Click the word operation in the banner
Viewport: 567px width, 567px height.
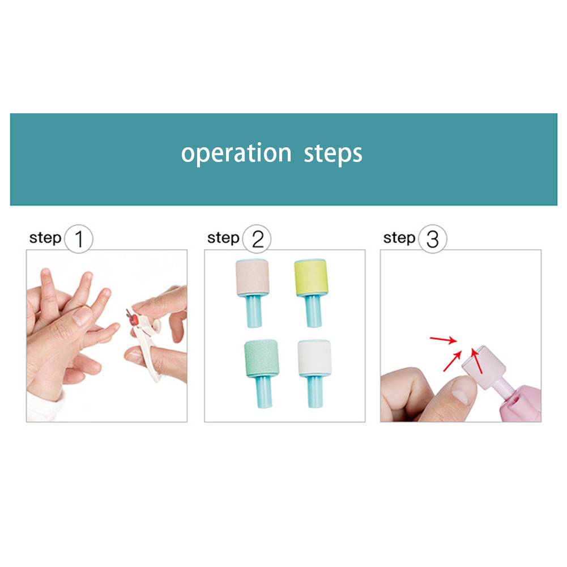(x=236, y=154)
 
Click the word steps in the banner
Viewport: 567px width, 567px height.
(x=333, y=154)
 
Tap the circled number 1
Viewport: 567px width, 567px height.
(x=79, y=238)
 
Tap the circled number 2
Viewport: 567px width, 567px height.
(x=257, y=238)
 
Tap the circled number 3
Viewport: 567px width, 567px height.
(x=433, y=238)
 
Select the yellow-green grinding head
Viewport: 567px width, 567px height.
(x=311, y=278)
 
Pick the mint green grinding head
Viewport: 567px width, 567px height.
(x=261, y=358)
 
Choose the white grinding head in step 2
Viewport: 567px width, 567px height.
(x=314, y=357)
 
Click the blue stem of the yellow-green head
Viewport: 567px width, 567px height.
(x=313, y=311)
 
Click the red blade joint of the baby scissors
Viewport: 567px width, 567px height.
(x=134, y=319)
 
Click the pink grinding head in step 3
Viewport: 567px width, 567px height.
(x=484, y=366)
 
